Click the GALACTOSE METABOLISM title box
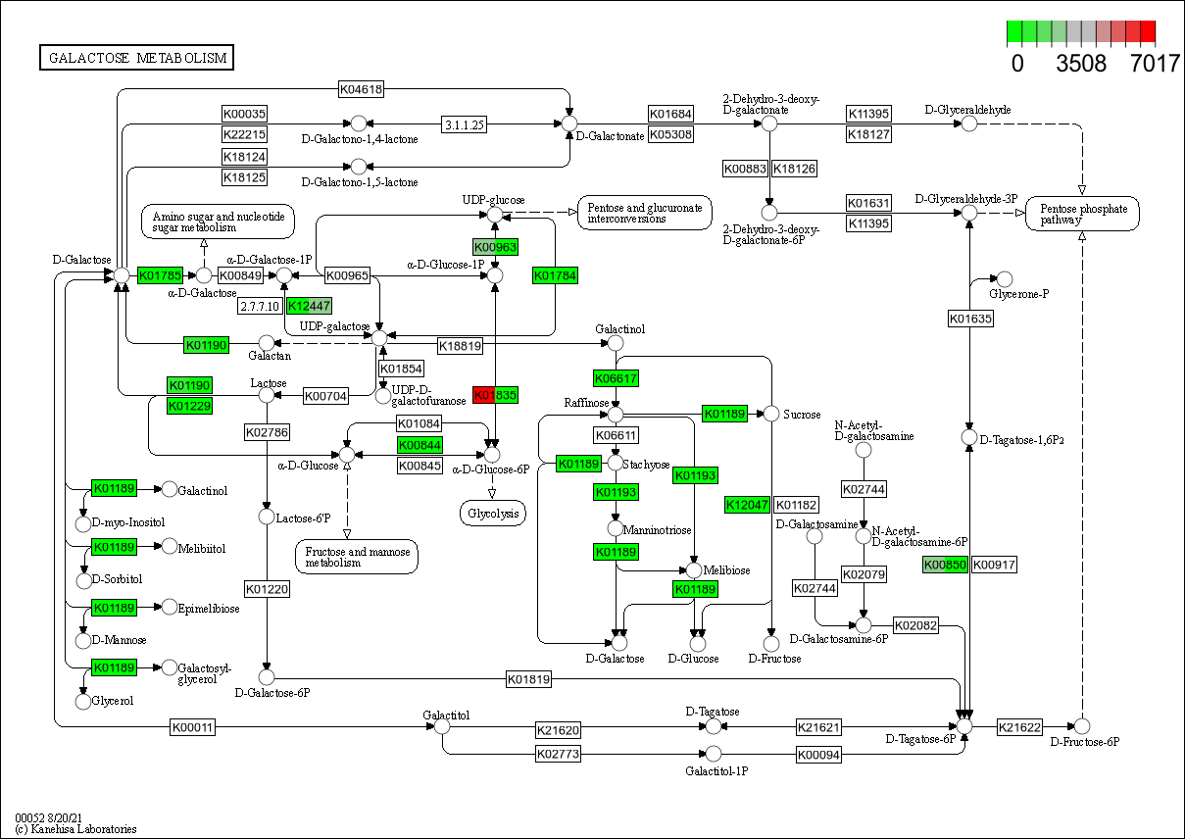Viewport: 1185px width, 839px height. [x=136, y=58]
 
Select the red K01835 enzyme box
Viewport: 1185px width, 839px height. [x=495, y=395]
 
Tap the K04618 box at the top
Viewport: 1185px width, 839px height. [x=361, y=89]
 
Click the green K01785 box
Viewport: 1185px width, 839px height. [x=160, y=275]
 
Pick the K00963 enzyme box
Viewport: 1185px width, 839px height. [x=495, y=247]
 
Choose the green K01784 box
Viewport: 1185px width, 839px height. [x=555, y=275]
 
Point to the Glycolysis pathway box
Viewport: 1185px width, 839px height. [x=492, y=513]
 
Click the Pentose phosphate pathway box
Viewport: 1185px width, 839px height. [x=1082, y=214]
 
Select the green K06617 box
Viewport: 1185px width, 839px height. [x=616, y=377]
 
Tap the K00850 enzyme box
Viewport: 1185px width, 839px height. [x=945, y=565]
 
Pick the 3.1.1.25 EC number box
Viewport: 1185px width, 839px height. [x=466, y=124]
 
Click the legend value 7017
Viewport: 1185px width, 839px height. [x=1154, y=65]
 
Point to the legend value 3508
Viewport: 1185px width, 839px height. [x=1081, y=65]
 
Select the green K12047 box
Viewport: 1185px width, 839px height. [x=747, y=505]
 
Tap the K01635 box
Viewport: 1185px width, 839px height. [x=970, y=319]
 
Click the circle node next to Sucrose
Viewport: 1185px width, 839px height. [x=770, y=415]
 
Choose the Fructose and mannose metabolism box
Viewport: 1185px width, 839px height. [x=357, y=557]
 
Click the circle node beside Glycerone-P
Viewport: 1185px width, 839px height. [x=1004, y=279]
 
